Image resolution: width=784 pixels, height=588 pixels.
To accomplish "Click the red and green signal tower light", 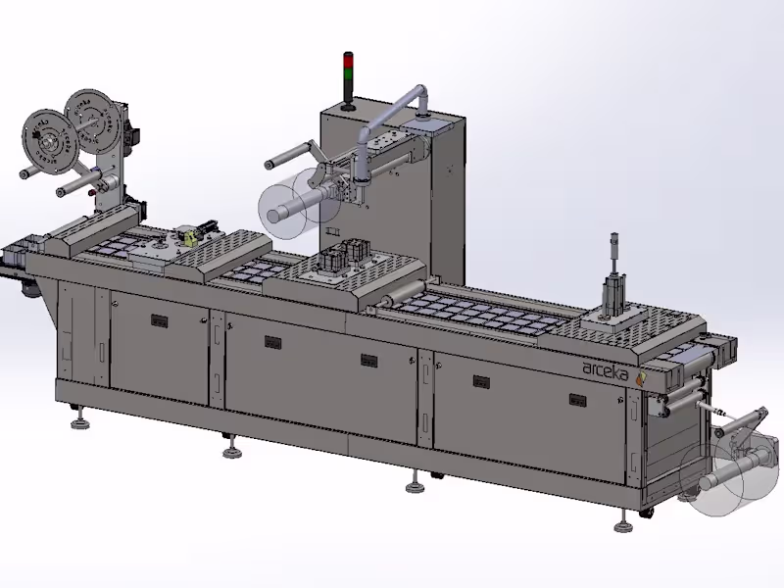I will pos(346,71).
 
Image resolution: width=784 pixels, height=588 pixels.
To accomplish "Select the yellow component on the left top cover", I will pos(187,236).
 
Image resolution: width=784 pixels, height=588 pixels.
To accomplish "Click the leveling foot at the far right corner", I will pos(621,525).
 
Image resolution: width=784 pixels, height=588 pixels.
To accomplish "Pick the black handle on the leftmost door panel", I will pos(157,319).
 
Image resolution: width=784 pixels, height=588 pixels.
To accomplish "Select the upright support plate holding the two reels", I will pos(114,157).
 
